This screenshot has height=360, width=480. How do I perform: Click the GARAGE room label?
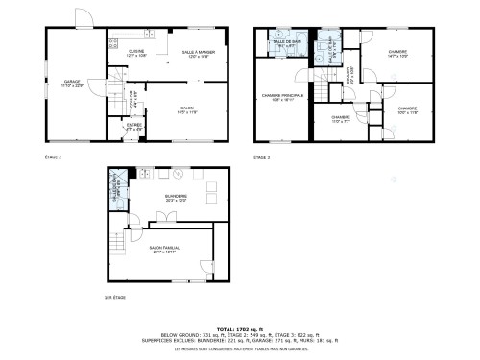(71, 83)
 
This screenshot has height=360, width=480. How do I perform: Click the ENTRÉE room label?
(134, 126)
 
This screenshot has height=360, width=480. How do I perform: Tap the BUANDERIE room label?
(176, 199)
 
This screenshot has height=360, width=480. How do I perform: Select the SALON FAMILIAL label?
(164, 249)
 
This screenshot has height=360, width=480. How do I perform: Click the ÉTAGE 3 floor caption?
(261, 156)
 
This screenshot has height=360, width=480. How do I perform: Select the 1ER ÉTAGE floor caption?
(115, 297)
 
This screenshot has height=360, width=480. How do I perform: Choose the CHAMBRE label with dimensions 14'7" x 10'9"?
(397, 54)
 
